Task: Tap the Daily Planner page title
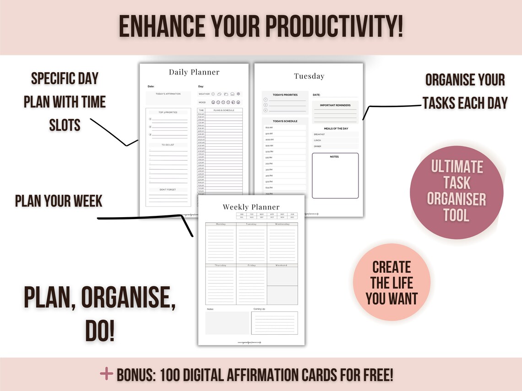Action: tap(194, 72)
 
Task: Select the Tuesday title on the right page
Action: tap(309, 76)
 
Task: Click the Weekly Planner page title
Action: tap(251, 207)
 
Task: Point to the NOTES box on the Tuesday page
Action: tap(335, 176)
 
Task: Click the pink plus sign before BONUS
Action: tap(106, 374)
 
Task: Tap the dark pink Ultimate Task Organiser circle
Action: tap(457, 193)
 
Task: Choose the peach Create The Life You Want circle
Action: tap(391, 282)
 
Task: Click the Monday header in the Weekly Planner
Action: tap(221, 224)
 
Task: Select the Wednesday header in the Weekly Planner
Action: tap(282, 224)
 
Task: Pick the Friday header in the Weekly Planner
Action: tap(251, 265)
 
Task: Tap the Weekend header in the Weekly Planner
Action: tap(282, 265)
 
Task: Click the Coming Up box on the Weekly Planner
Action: tap(274, 323)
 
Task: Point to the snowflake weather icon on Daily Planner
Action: tap(238, 94)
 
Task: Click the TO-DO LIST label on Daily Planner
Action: tap(168, 145)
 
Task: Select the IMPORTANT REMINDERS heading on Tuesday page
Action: tap(335, 106)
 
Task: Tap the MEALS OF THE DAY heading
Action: tap(336, 129)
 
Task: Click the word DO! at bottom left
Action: tap(99, 332)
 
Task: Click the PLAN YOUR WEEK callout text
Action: tap(59, 201)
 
